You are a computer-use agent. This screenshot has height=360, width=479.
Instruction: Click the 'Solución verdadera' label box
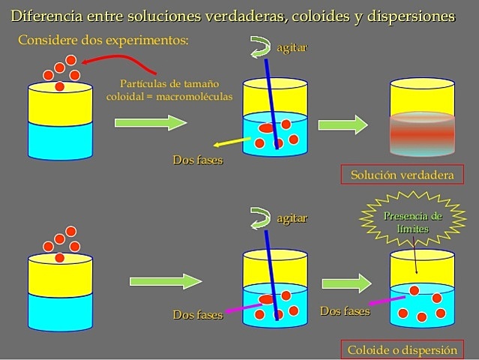point(402,175)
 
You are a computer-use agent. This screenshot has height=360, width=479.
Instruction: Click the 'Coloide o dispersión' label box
point(402,350)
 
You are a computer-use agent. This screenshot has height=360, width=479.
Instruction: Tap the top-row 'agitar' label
point(292,48)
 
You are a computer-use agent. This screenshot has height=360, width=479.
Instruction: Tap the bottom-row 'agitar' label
point(292,218)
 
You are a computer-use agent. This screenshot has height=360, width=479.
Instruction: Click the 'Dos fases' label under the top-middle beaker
point(198,160)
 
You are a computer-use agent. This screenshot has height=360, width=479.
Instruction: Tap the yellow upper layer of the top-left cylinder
point(59,104)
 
